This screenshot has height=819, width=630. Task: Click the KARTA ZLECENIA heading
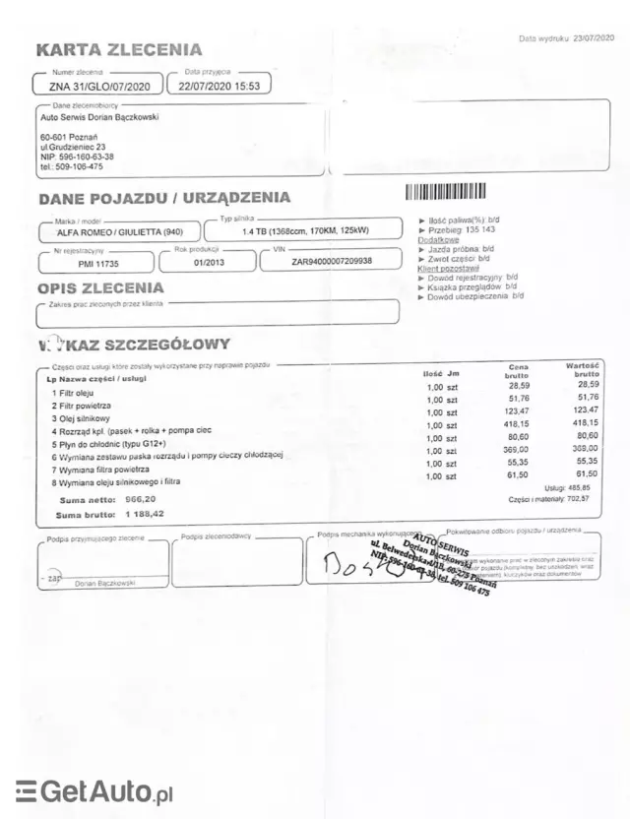tap(118, 49)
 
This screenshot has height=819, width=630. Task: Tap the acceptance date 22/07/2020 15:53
tap(219, 86)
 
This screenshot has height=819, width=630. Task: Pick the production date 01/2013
tap(209, 263)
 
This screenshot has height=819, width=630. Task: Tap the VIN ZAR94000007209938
tap(332, 263)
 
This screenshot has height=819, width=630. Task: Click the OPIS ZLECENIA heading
tap(100, 288)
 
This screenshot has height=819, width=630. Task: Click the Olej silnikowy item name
tap(87, 418)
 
